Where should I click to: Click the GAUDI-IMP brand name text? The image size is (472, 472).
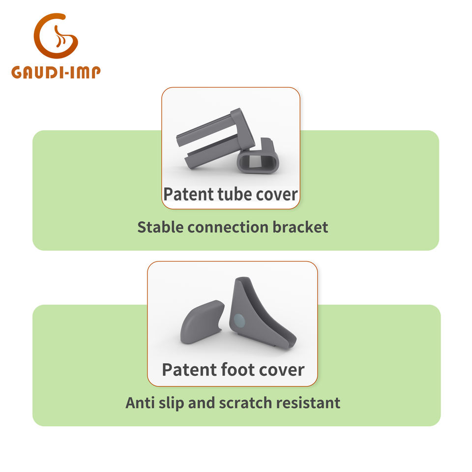click(56, 73)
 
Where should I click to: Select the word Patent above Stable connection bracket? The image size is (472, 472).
click(188, 194)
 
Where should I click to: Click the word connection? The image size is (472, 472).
click(228, 227)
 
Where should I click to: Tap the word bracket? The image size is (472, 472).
click(300, 227)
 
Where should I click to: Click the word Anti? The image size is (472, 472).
click(140, 403)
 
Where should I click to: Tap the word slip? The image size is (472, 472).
click(171, 403)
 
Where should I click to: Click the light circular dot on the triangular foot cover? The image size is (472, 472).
click(239, 321)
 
